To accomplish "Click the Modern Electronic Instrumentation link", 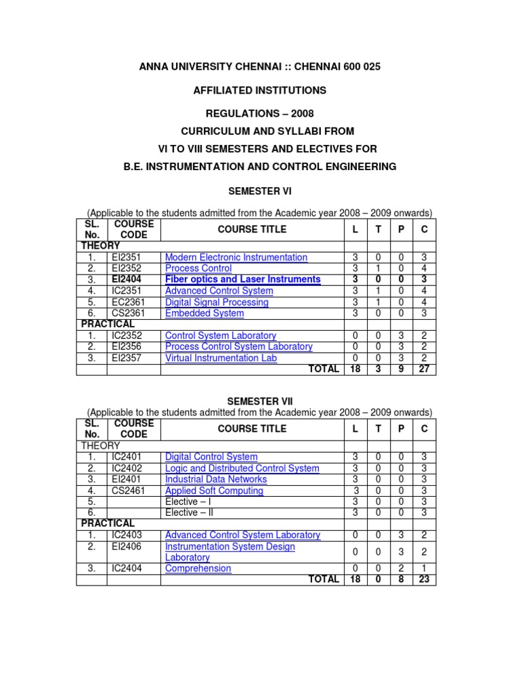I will [236, 258].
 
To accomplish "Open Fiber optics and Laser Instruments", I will [242, 279].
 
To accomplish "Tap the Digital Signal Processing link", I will [217, 302].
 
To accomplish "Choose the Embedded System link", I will [204, 313].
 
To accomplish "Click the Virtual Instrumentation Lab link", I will [221, 358].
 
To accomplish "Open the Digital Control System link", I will [211, 457].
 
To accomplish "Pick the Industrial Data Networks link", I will [216, 479].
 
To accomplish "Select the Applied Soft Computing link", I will [214, 491].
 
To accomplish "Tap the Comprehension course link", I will [198, 569].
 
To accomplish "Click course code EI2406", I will [127, 546].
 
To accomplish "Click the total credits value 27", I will [425, 369].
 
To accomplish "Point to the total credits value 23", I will [425, 579].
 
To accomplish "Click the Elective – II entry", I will [189, 513].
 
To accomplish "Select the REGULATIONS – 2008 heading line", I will [259, 113].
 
